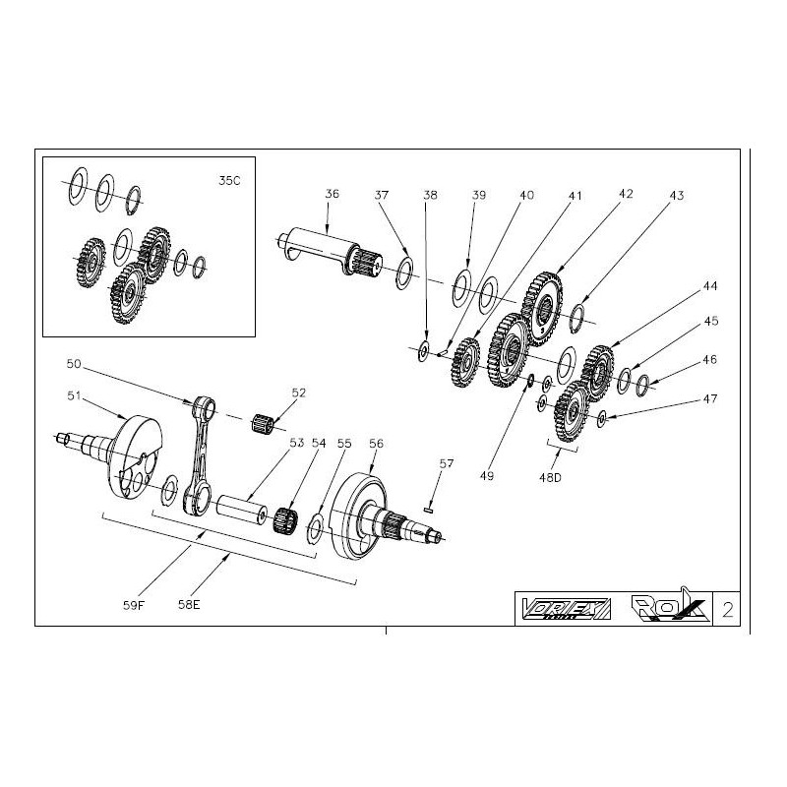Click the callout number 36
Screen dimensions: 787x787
pos(332,196)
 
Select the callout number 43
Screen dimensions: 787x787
pos(675,196)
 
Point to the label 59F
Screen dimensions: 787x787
pos(134,605)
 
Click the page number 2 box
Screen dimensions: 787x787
pos(727,608)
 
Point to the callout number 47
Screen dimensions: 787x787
pos(710,400)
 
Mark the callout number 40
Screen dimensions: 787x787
pos(527,196)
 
